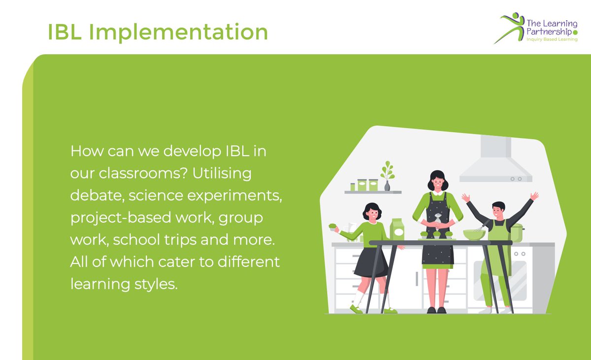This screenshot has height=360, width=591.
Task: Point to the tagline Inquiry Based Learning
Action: pyautogui.click(x=552, y=39)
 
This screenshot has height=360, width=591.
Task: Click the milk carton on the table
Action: pyautogui.click(x=396, y=229)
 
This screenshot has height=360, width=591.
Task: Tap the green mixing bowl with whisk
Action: pyautogui.click(x=474, y=234)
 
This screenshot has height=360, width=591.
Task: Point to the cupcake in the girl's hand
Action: pyautogui.click(x=333, y=227)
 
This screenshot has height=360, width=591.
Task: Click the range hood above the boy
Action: pyautogui.click(x=495, y=163)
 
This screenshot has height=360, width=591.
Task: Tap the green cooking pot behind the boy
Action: pyautogui.click(x=516, y=232)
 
